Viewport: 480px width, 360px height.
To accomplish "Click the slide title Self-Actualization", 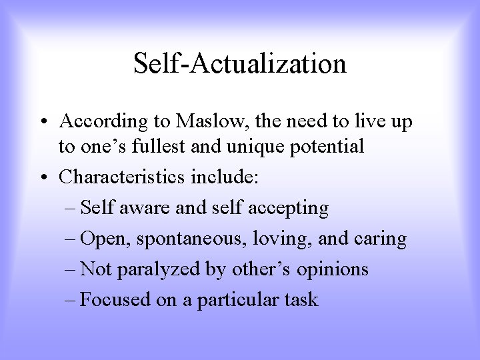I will point(240,64).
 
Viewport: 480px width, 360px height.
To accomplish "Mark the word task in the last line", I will point(300,301).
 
